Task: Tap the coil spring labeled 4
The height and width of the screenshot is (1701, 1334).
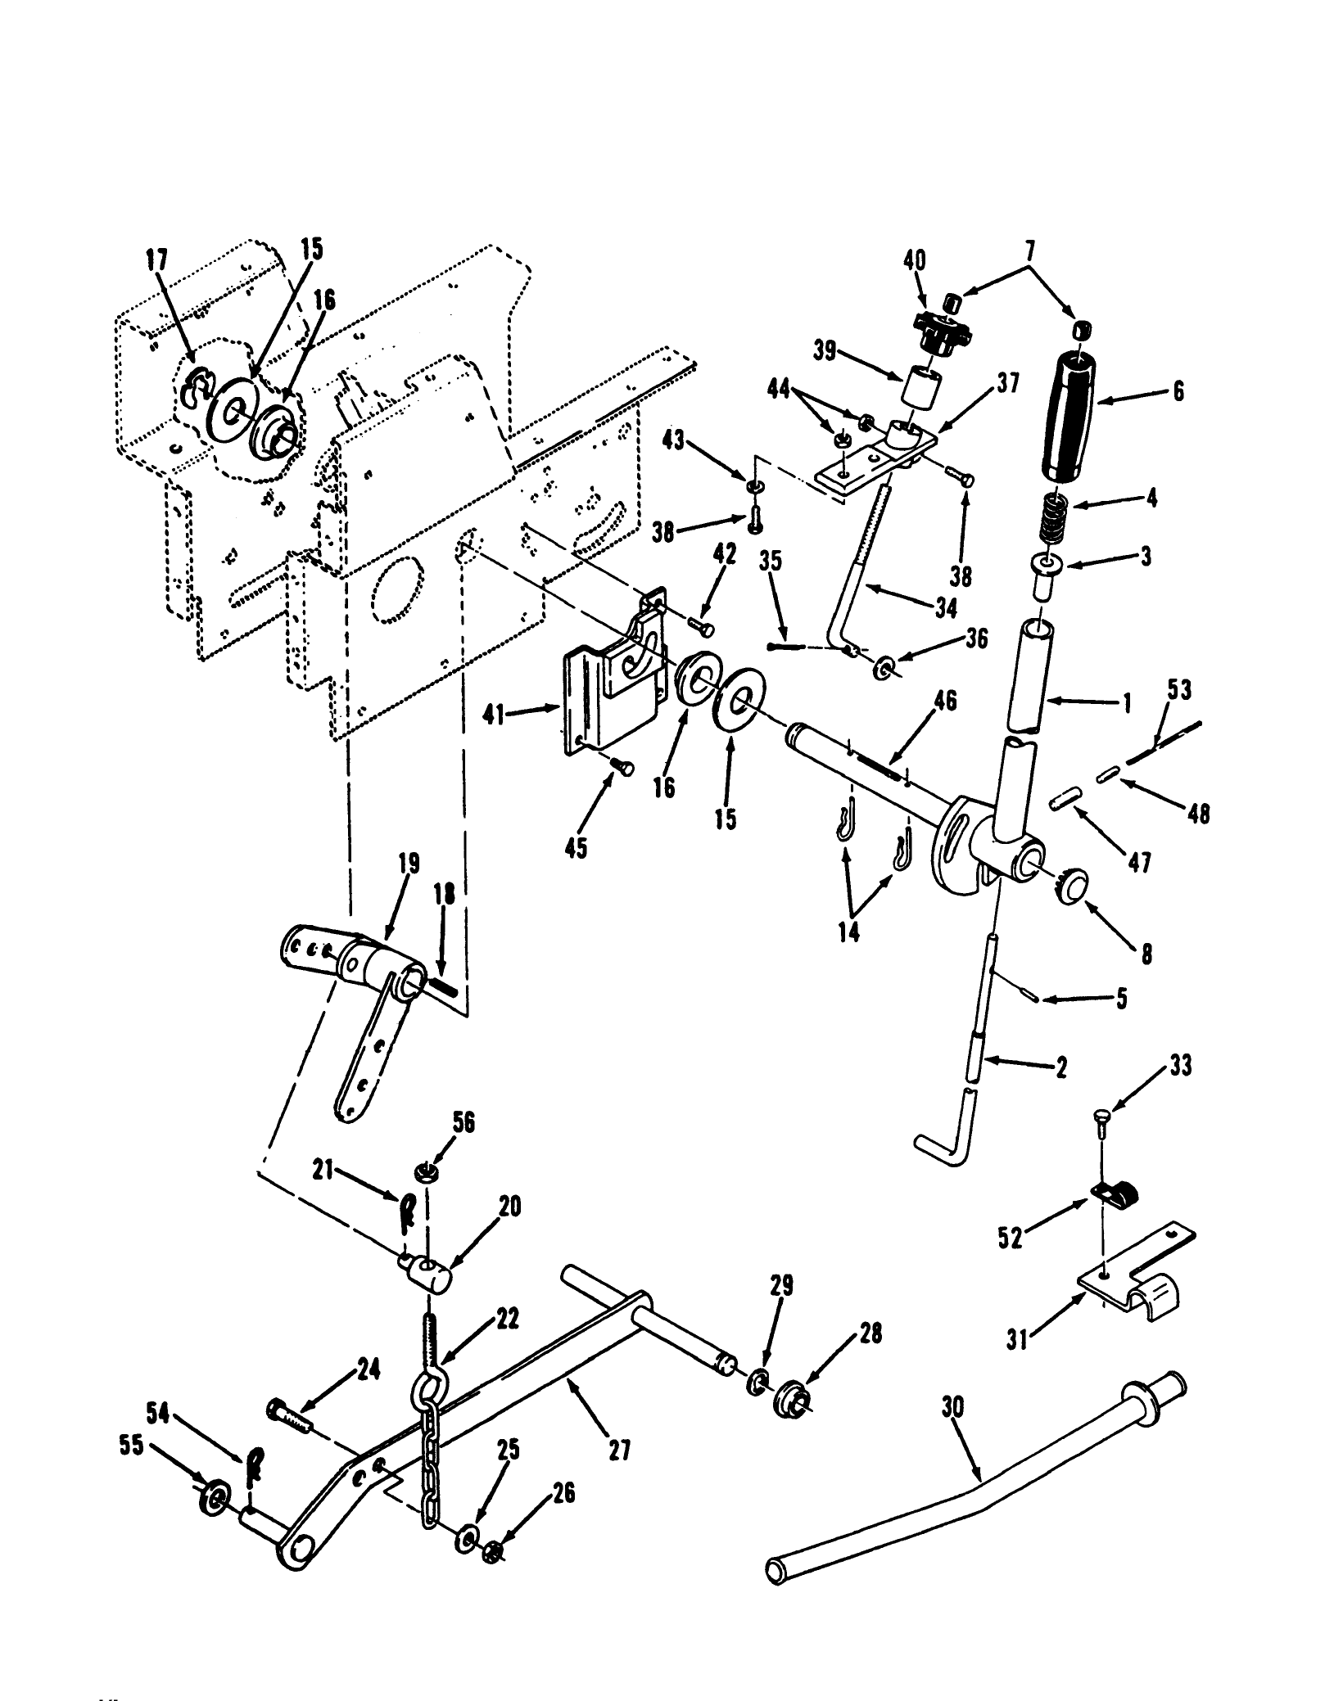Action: click(x=1053, y=518)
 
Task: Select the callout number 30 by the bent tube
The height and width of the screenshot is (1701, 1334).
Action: click(x=952, y=1407)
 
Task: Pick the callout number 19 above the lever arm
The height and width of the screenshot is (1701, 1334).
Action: click(x=409, y=864)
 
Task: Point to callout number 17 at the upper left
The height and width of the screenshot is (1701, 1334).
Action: click(x=156, y=260)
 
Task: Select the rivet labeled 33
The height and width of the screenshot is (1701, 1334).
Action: click(x=1102, y=1118)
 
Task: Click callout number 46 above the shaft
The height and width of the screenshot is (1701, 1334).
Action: click(x=944, y=702)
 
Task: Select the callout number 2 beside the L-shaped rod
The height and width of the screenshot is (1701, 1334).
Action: click(x=1061, y=1067)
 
